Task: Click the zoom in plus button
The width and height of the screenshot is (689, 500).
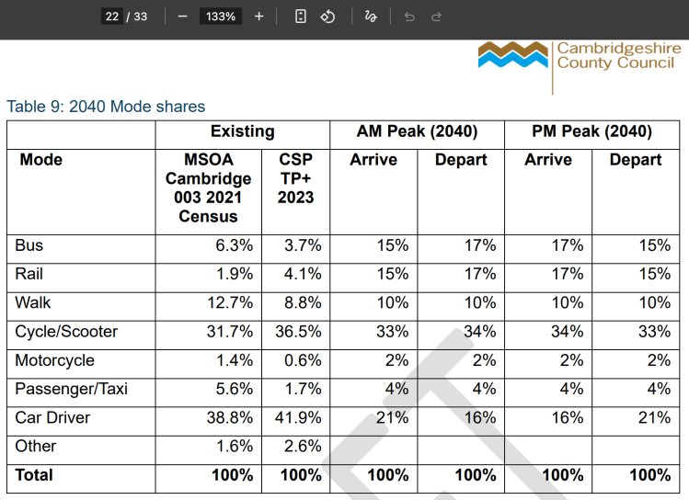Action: [258, 17]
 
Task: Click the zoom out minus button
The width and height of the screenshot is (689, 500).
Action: [183, 17]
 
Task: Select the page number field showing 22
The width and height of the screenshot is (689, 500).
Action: [112, 17]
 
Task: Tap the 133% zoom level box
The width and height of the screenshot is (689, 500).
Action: [221, 17]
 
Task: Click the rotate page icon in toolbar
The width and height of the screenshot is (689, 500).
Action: [327, 17]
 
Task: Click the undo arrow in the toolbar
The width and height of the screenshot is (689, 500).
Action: [409, 17]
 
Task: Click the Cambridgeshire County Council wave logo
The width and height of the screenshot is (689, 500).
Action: [512, 55]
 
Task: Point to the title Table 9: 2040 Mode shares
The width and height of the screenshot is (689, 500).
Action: [106, 107]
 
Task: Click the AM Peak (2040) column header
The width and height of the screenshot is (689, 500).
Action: [417, 131]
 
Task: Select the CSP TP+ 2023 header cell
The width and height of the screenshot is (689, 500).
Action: [295, 178]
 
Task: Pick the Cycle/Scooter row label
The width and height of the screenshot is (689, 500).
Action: [66, 332]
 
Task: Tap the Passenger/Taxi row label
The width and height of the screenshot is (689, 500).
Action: [71, 389]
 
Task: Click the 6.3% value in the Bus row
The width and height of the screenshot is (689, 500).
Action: [235, 245]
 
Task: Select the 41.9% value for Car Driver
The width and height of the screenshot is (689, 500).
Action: [298, 417]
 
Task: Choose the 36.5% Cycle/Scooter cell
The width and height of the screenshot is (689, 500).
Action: [298, 332]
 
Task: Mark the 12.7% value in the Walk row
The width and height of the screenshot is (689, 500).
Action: [230, 302]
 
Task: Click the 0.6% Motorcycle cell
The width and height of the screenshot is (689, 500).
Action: [303, 360]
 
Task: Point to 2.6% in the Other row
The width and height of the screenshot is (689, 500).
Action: [303, 446]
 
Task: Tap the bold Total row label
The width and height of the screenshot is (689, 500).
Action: [34, 475]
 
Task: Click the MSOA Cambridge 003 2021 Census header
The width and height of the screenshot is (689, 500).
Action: [208, 187]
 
